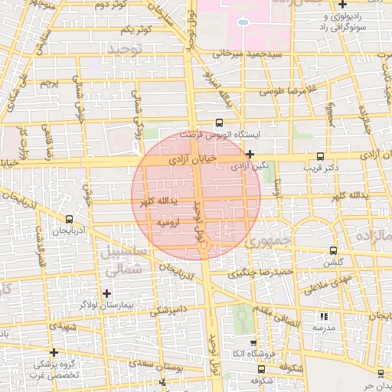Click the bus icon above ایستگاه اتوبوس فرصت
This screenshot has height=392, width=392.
(x=220, y=122)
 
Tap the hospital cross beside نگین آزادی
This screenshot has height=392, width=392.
(x=250, y=154)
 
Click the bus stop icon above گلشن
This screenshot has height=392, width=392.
(x=332, y=250)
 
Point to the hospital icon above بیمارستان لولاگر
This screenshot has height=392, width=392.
(x=106, y=292)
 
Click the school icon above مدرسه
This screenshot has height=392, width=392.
(x=322, y=315)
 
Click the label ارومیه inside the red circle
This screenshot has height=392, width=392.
(x=167, y=223)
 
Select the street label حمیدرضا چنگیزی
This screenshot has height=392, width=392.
(x=263, y=272)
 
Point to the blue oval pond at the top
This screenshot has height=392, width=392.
(x=243, y=22)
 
